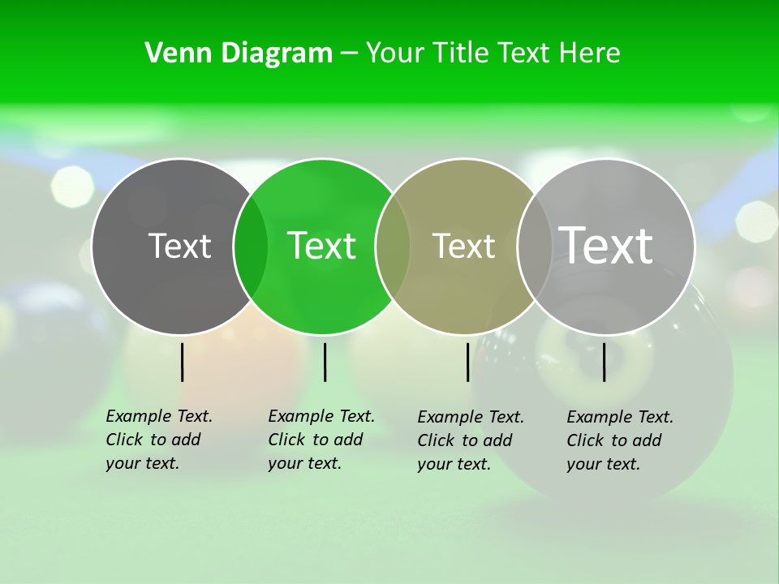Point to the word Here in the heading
pyautogui.click(x=591, y=54)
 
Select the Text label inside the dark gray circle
pyautogui.click(x=179, y=246)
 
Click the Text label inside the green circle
pyautogui.click(x=321, y=246)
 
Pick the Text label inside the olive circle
pyautogui.click(x=463, y=247)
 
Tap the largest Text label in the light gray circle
pyautogui.click(x=606, y=245)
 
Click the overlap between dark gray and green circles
pyautogui.click(x=251, y=247)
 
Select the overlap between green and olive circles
pyautogui.click(x=393, y=247)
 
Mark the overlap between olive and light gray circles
pyautogui.click(x=534, y=247)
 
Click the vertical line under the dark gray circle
pyautogui.click(x=183, y=362)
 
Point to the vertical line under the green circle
pyautogui.click(x=325, y=362)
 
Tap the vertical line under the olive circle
pyautogui.click(x=468, y=362)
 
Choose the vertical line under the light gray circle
pyautogui.click(x=605, y=362)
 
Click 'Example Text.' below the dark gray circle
pyautogui.click(x=159, y=416)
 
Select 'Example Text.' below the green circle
pyautogui.click(x=321, y=416)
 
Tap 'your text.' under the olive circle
pyautogui.click(x=454, y=464)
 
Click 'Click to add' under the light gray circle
pyautogui.click(x=613, y=440)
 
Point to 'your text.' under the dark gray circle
pyautogui.click(x=142, y=463)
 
